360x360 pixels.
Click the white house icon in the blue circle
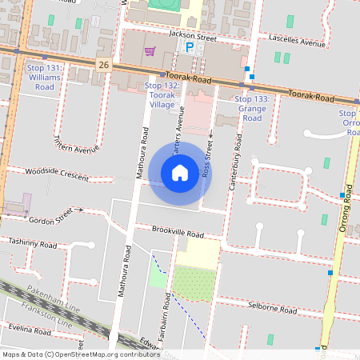[x=180, y=172]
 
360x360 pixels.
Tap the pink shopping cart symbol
[x=150, y=52]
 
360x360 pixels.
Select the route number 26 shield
[x=104, y=62]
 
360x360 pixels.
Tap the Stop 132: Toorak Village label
[x=163, y=94]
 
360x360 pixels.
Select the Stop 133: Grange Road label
[x=252, y=108]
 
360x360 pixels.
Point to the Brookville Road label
[x=176, y=231]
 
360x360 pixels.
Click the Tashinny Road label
[x=33, y=241]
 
